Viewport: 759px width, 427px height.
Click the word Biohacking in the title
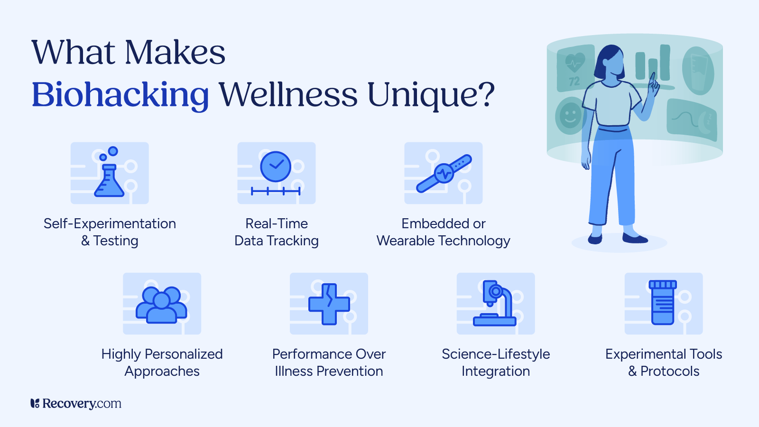120,95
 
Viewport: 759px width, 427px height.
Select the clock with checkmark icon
276,167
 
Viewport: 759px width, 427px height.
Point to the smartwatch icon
444,174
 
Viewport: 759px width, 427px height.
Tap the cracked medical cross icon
329,304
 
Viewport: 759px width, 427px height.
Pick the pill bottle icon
663,303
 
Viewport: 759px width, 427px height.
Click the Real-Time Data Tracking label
277,232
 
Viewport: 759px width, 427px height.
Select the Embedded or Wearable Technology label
443,232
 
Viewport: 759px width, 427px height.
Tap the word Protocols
670,371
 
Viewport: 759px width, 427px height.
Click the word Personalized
183,354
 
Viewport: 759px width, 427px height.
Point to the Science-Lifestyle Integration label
496,362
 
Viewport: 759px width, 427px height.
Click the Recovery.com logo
75,403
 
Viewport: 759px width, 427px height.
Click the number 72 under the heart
574,81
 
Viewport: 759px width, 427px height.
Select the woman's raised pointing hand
653,85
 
